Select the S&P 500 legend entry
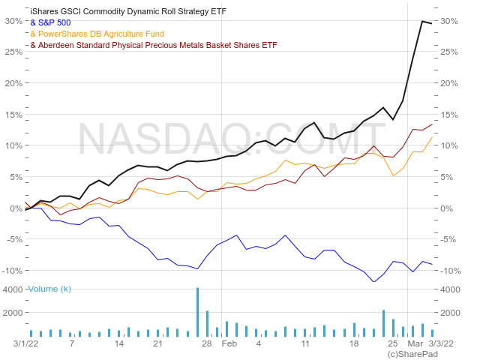point(50,23)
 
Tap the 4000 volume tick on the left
point(13,289)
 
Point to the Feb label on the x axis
point(229,343)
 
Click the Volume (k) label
point(49,289)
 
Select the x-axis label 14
point(118,343)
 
